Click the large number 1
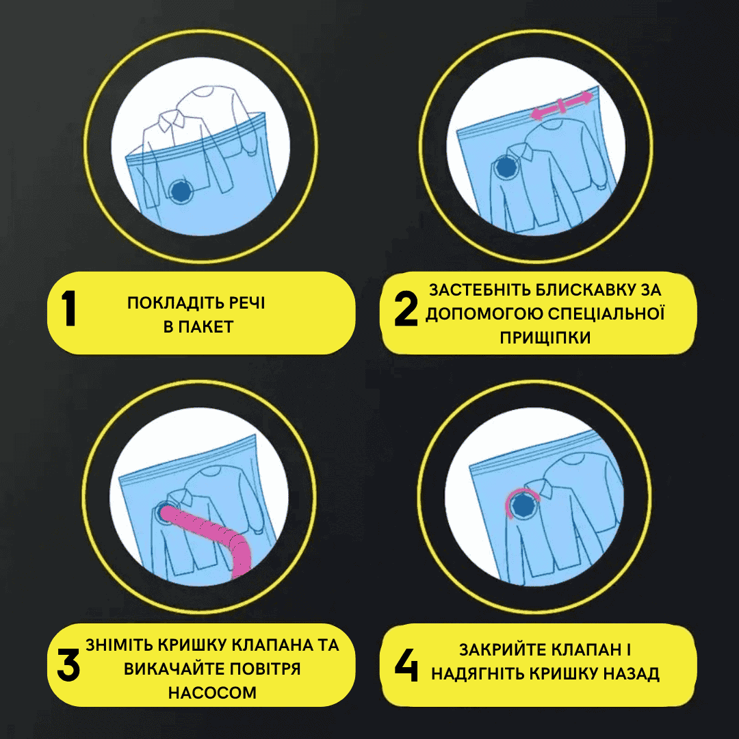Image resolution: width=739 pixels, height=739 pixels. (x=69, y=308)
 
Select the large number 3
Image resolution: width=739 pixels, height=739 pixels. (x=68, y=664)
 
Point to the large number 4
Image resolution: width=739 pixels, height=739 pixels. (x=406, y=664)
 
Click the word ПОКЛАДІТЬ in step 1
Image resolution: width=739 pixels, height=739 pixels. (x=174, y=303)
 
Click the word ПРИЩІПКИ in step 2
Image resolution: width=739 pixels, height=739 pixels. (x=545, y=338)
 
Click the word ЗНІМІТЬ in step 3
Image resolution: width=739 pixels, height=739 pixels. (x=118, y=645)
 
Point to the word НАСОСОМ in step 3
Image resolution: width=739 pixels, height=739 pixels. (x=213, y=692)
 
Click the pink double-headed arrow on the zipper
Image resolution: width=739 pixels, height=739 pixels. (x=561, y=107)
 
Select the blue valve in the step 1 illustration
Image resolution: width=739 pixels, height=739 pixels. (x=181, y=191)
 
